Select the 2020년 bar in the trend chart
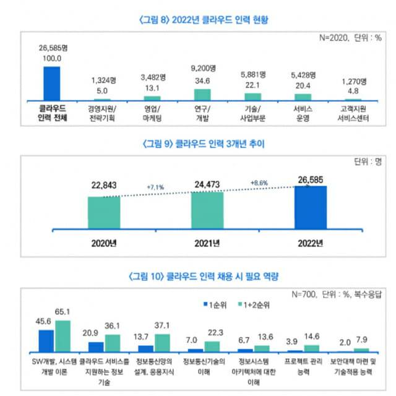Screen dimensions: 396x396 point(104,213)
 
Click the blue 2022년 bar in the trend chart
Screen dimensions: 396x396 point(311,207)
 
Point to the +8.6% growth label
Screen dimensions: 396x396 point(260,183)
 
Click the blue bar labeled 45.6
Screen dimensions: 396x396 point(46,340)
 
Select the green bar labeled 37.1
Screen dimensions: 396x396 point(163,343)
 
